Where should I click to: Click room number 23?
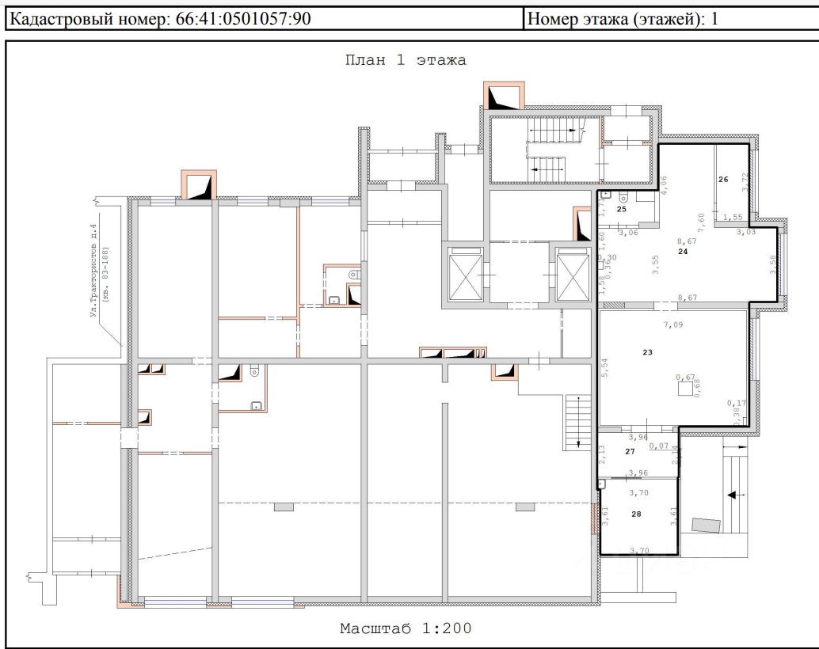pos(647,352)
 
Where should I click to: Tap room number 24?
pos(683,251)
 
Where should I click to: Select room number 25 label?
pos(622,210)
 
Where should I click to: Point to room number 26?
pos(722,180)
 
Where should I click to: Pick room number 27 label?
pos(630,451)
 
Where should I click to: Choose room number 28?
pos(637,514)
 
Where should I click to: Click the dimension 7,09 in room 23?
pos(672,324)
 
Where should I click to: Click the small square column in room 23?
pos(684,390)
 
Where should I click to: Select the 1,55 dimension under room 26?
pos(732,217)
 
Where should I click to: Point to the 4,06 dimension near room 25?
pos(664,184)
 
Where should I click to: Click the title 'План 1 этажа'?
pos(405,60)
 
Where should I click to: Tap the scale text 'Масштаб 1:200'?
pos(406,629)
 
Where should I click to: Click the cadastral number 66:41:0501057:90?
pos(240,19)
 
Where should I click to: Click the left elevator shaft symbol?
pos(465,274)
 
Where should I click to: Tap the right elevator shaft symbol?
pos(571,274)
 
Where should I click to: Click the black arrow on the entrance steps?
pos(729,495)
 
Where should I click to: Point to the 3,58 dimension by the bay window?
pos(772,262)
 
